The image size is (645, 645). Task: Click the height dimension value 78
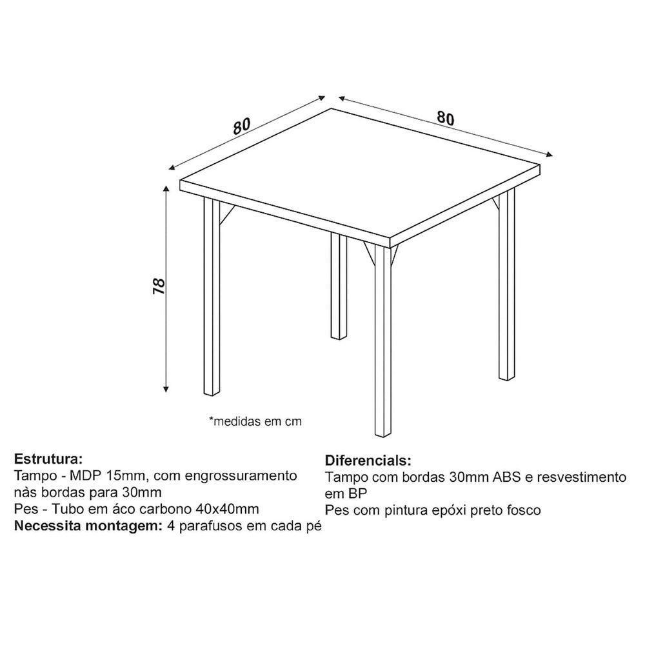click(x=159, y=286)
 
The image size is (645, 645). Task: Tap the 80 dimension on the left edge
click(x=241, y=126)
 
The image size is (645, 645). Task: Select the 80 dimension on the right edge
click(x=446, y=118)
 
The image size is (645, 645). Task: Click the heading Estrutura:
click(x=48, y=458)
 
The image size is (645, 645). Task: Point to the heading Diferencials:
click(x=368, y=460)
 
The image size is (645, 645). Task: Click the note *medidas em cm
click(x=255, y=421)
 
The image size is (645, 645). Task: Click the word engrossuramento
click(x=241, y=477)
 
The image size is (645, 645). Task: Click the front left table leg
click(x=212, y=296)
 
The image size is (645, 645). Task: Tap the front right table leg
click(x=382, y=340)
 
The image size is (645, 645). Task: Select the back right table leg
click(x=506, y=283)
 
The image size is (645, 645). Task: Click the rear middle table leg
click(x=339, y=286)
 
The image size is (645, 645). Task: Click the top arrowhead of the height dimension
click(x=166, y=188)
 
